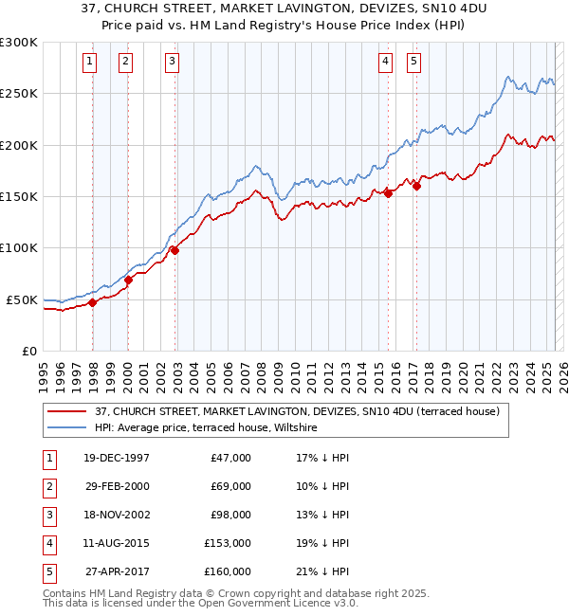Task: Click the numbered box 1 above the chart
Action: pos(89,63)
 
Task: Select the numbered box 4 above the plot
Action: pos(386,63)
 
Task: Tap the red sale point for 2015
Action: pos(388,193)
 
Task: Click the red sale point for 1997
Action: pos(93,302)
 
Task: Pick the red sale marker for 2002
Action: pos(175,250)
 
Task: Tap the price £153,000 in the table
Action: pos(228,543)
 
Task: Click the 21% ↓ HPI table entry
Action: pos(322,571)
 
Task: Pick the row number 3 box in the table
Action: pos(48,515)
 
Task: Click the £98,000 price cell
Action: pos(230,515)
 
